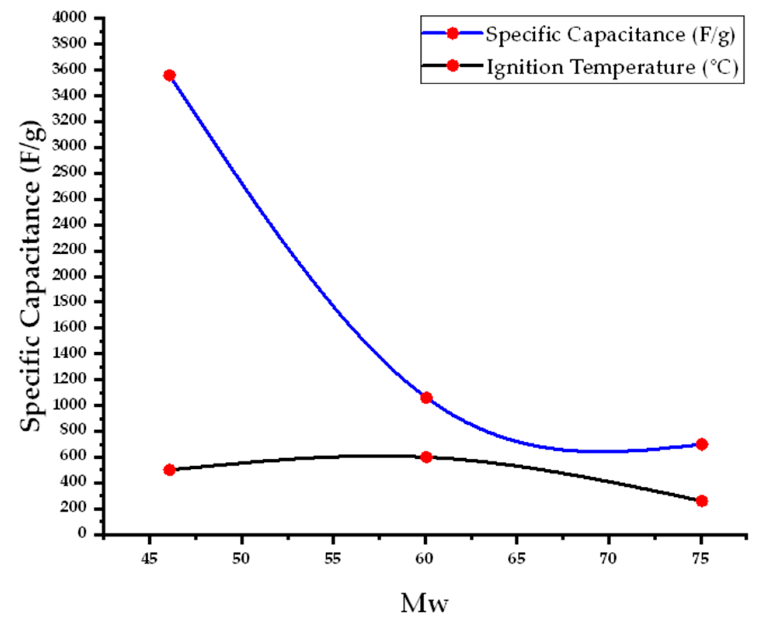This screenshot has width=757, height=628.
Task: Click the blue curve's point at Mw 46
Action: click(x=169, y=75)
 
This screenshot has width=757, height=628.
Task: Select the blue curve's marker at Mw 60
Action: click(x=426, y=398)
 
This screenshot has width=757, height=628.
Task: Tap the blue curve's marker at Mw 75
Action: click(x=701, y=444)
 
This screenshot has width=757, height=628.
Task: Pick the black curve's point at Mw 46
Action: click(x=169, y=470)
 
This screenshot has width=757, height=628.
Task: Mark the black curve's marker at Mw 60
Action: click(x=426, y=457)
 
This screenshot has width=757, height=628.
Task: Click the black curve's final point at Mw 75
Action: click(x=701, y=501)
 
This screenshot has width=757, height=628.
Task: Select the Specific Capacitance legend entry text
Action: click(x=610, y=35)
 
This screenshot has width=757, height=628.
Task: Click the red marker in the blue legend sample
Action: click(x=452, y=33)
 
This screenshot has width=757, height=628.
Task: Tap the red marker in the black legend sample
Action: click(x=452, y=65)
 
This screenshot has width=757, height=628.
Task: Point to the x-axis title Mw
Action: click(x=424, y=603)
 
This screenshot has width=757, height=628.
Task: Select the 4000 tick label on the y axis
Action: click(x=69, y=18)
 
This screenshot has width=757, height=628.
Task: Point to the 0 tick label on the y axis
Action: click(x=82, y=533)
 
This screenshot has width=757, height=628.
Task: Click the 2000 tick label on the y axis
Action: click(x=69, y=275)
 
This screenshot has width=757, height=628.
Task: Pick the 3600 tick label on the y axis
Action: click(x=69, y=69)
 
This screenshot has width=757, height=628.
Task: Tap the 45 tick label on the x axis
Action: click(x=149, y=558)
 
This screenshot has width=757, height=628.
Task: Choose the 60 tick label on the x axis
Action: click(x=424, y=558)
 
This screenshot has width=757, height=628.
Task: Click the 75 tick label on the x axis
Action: click(x=701, y=558)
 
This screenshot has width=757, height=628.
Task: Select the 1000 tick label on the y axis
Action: click(x=69, y=405)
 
